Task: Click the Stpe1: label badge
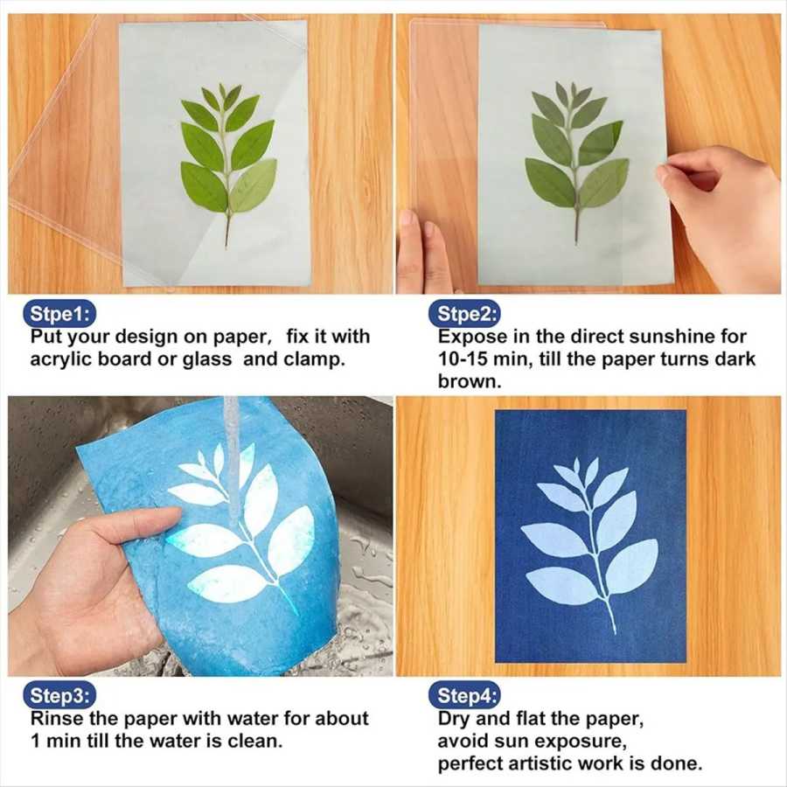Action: pyautogui.click(x=59, y=314)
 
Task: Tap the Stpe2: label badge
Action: pyautogui.click(x=464, y=314)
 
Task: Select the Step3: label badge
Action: pyautogui.click(x=59, y=696)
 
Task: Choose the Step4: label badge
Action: pyautogui.click(x=464, y=696)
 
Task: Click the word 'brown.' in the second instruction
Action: pyautogui.click(x=470, y=381)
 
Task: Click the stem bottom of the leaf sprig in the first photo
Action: pyautogui.click(x=226, y=245)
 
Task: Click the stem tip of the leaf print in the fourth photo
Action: pyautogui.click(x=613, y=631)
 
